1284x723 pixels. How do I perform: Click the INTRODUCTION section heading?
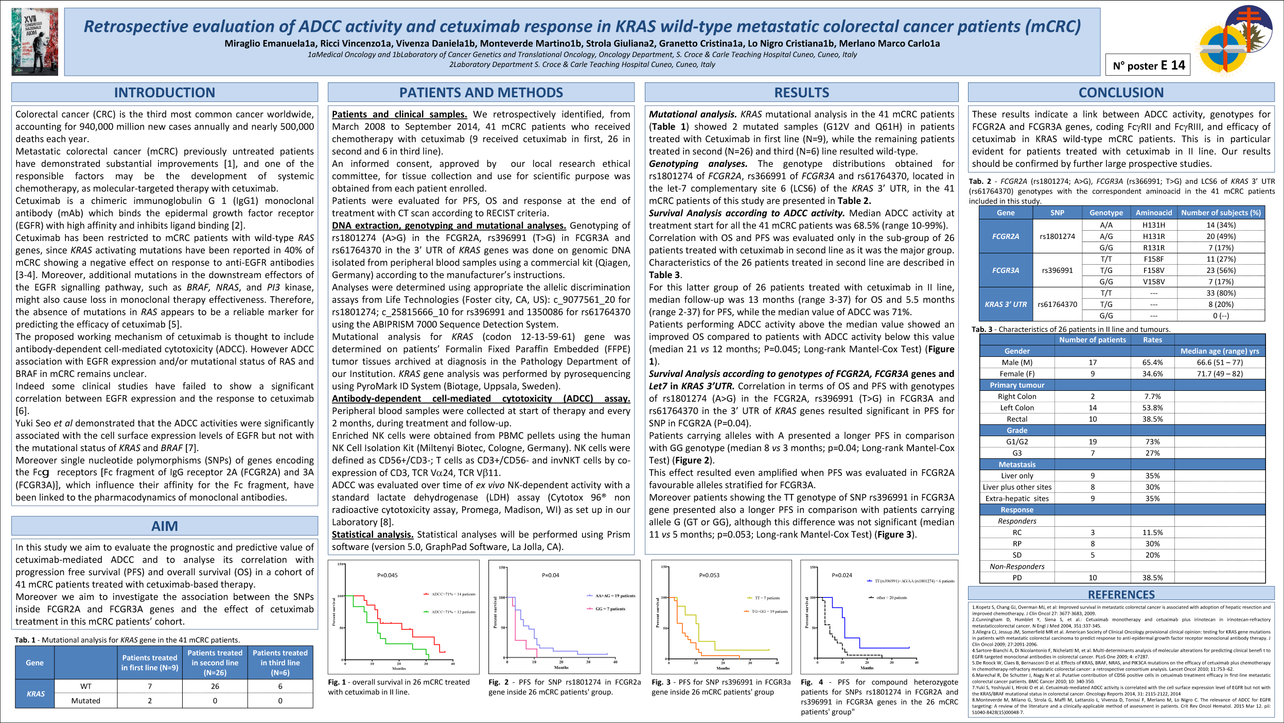tap(164, 93)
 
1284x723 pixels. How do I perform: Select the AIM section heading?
tap(164, 526)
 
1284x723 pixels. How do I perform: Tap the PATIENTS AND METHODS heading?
tap(481, 93)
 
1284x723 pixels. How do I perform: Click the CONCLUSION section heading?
tap(1121, 93)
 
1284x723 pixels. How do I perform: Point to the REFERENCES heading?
tap(1121, 594)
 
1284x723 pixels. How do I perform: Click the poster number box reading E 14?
tap(1148, 65)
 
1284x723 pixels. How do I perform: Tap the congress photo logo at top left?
tap(35, 42)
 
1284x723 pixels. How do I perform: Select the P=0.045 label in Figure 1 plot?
tap(388, 575)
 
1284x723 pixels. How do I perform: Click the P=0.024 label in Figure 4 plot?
tap(842, 575)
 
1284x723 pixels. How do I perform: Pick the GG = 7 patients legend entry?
tap(610, 609)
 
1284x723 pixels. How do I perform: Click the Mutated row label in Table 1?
tap(85, 700)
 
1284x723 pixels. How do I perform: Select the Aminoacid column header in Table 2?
tap(1153, 213)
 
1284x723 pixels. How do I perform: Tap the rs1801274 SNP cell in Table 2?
tap(1057, 236)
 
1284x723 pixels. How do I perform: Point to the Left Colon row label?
tap(1017, 408)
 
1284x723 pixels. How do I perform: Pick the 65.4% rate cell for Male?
tap(1152, 363)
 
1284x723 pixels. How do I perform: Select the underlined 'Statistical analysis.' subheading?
tap(372, 535)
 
